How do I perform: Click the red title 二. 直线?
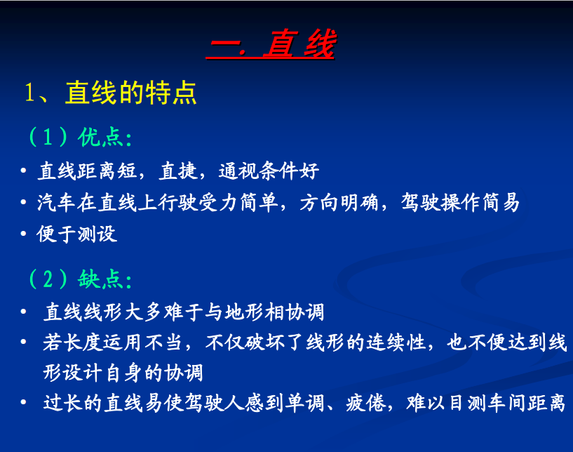click(x=271, y=44)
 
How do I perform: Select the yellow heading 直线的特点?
click(x=131, y=93)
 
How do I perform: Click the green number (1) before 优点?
click(x=48, y=138)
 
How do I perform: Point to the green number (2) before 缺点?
click(x=48, y=279)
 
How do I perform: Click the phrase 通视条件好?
click(x=269, y=171)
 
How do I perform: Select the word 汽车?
click(x=56, y=202)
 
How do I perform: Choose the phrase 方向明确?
click(x=339, y=202)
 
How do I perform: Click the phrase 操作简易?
click(x=480, y=202)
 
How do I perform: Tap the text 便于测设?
click(x=76, y=234)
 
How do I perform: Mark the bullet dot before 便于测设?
click(x=23, y=234)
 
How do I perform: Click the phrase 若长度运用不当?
click(x=112, y=343)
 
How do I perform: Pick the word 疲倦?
click(x=366, y=403)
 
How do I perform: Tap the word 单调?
click(x=305, y=403)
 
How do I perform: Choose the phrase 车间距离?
click(x=525, y=403)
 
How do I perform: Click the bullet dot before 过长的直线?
click(x=23, y=403)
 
